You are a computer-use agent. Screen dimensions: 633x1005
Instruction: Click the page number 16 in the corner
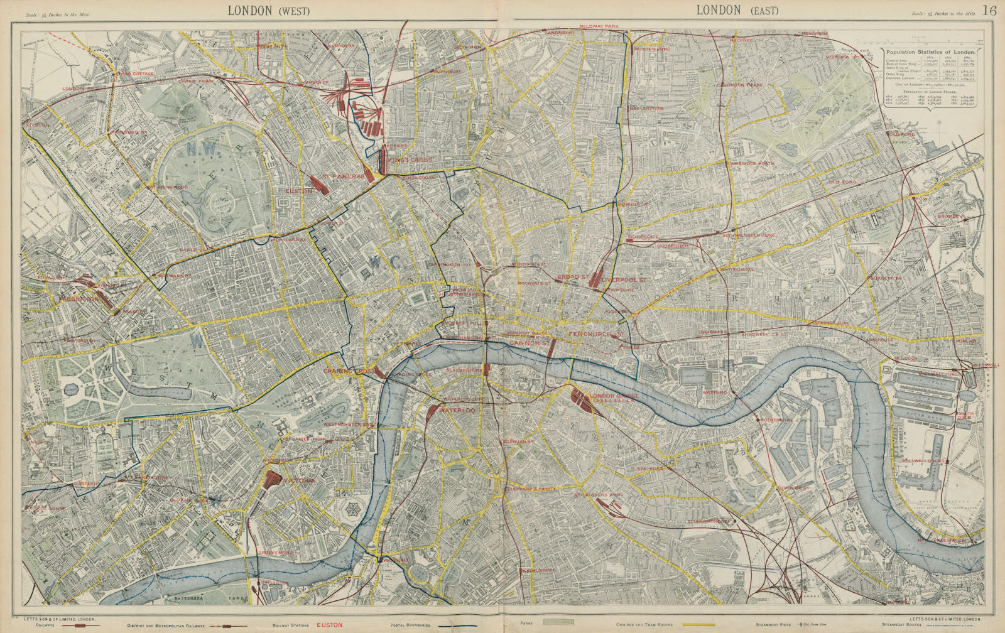pos(989,9)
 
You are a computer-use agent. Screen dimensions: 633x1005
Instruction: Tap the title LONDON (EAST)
pos(736,10)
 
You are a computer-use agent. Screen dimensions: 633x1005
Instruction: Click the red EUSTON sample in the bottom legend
pos(329,625)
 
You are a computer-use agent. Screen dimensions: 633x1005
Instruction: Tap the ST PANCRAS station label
pos(343,177)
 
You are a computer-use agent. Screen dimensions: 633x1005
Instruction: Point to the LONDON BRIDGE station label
pos(614,396)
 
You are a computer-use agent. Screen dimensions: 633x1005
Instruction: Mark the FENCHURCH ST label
pos(594,335)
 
